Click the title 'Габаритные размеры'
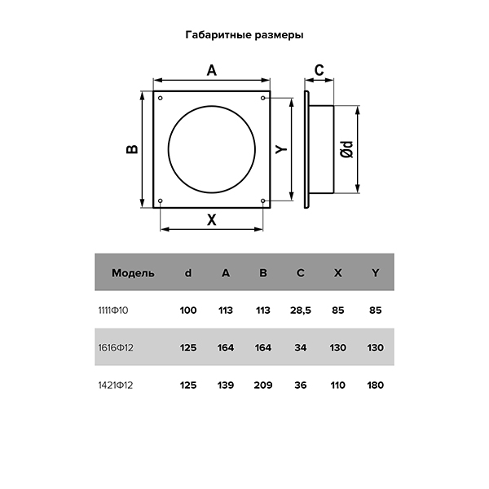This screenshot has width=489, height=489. (244, 35)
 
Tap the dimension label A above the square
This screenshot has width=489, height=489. (212, 70)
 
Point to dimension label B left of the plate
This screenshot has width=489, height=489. (132, 149)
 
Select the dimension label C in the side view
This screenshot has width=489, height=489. (319, 70)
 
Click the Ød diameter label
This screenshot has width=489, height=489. (347, 149)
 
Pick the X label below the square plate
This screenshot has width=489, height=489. (212, 220)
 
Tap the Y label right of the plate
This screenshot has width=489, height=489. (281, 149)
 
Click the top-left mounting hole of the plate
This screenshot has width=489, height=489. (161, 99)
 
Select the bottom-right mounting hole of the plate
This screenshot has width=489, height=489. (263, 200)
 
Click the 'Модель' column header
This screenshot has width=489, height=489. (133, 273)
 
